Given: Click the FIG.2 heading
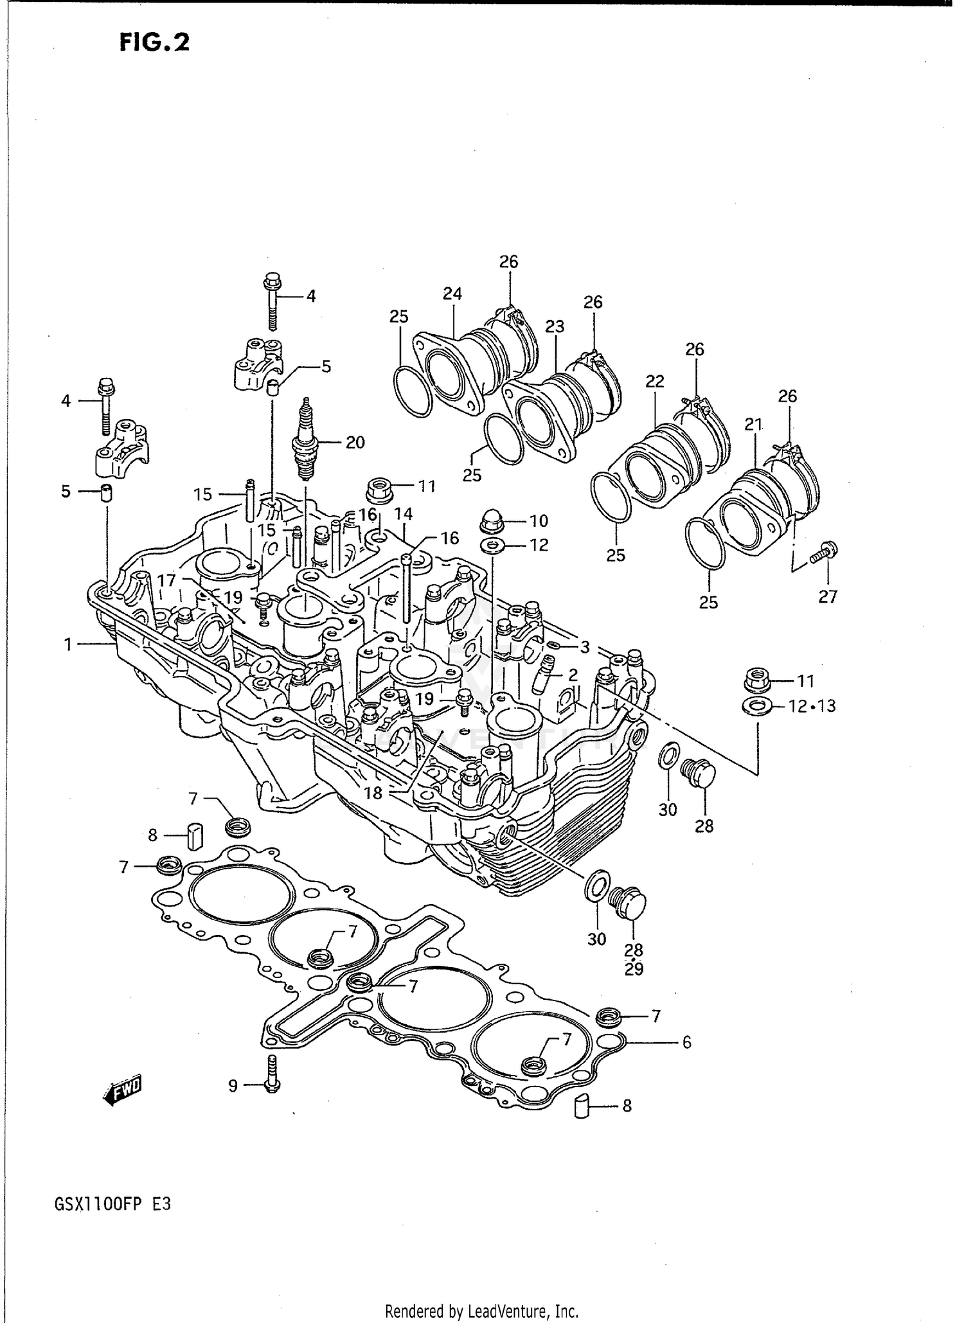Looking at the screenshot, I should click(x=154, y=42).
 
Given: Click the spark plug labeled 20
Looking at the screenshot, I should click(x=305, y=443).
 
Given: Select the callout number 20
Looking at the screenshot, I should click(x=355, y=442).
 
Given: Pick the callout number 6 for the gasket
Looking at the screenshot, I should click(x=686, y=1042).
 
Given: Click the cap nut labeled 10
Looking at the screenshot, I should click(x=492, y=522).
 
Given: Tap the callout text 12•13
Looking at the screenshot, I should click(x=812, y=706).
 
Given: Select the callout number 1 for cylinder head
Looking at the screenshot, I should click(x=68, y=644).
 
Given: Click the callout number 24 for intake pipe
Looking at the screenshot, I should click(x=452, y=294).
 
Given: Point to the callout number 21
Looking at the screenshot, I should click(x=753, y=424).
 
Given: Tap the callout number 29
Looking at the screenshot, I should click(x=634, y=970).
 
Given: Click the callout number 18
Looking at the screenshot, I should click(x=373, y=793).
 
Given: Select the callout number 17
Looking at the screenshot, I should click(x=166, y=580).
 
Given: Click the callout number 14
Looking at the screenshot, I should click(x=403, y=513).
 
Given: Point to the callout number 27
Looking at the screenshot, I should click(x=828, y=597).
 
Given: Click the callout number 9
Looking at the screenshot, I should click(x=233, y=1086).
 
